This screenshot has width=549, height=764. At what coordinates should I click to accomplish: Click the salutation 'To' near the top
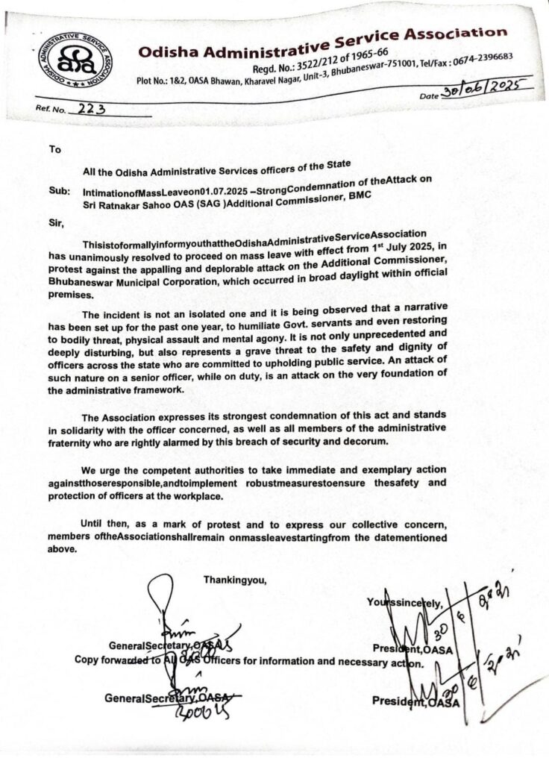pos(54,149)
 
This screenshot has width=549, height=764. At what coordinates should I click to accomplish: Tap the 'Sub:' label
pos(58,192)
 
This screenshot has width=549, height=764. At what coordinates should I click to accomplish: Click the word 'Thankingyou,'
pos(234,578)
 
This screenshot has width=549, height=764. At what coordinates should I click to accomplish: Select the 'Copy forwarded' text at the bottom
pos(110,660)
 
